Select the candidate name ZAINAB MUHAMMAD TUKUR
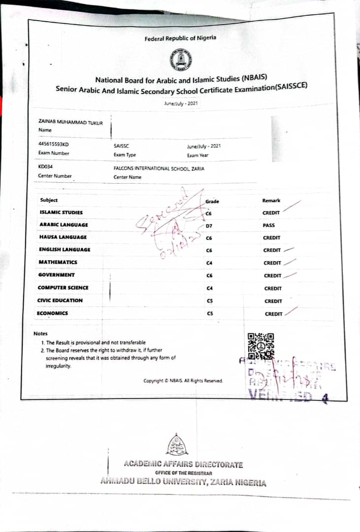click(x=70, y=123)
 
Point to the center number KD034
click(x=45, y=167)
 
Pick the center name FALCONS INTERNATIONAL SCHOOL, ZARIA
click(x=159, y=168)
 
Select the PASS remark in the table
click(x=269, y=225)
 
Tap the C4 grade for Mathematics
click(x=209, y=263)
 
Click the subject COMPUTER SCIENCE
click(x=63, y=288)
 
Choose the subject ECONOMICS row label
click(x=53, y=313)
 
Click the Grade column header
click(x=212, y=201)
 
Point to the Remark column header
click(x=271, y=200)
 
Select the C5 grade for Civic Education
click(x=210, y=301)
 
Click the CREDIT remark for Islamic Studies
click(x=271, y=213)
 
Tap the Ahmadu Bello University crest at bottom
click(x=177, y=445)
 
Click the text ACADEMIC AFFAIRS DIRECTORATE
click(x=183, y=465)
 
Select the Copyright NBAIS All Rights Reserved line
click(x=183, y=381)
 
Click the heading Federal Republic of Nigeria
click(x=180, y=38)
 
